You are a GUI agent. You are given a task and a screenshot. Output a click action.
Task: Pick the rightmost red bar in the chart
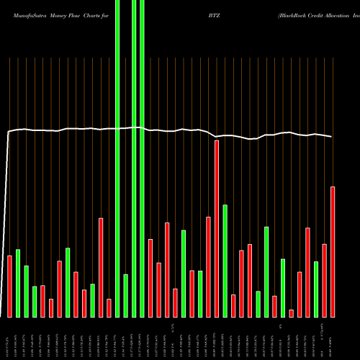coord(333,251)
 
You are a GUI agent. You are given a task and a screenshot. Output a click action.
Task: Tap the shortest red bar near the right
coord(291,313)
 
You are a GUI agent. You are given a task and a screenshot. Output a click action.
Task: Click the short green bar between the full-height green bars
coord(126,295)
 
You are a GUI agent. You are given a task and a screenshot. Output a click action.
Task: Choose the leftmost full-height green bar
coord(117,158)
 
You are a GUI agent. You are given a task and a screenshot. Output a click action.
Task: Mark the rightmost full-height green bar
coord(143,158)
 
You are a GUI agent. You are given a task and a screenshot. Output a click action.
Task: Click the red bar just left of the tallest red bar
coord(208,266)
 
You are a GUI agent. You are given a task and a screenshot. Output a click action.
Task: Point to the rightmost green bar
coord(316,289)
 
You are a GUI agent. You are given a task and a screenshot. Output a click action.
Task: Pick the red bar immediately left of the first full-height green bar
coord(109,307)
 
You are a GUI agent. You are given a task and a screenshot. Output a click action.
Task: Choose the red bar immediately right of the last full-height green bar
coord(150,278)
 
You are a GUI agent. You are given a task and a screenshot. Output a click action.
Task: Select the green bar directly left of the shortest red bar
coord(283,288)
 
